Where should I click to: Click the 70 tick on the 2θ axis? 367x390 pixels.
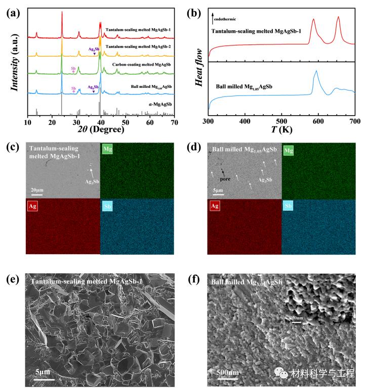coord(174,123)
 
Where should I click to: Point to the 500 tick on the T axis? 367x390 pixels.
coord(244,123)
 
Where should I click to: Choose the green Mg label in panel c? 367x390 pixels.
coord(108,150)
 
